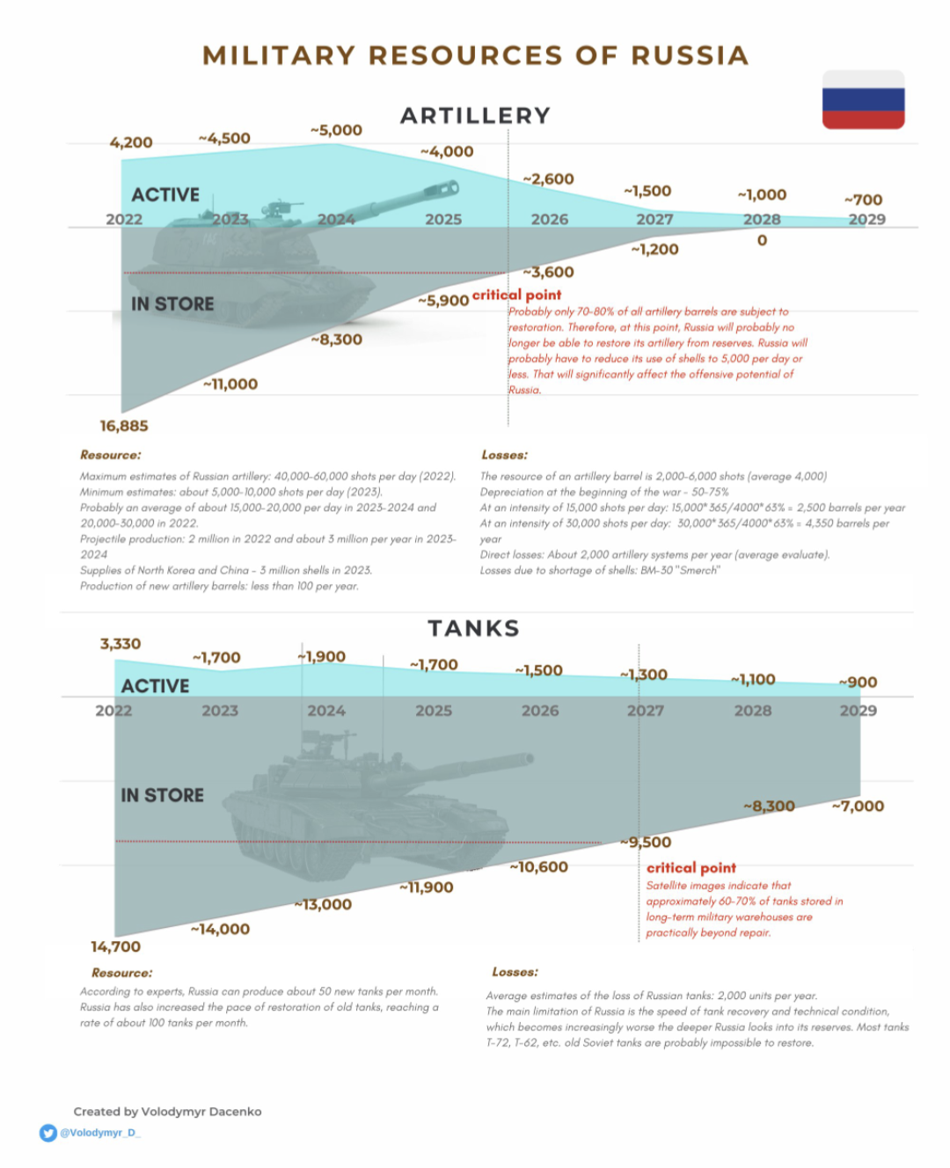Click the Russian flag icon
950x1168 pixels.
863,99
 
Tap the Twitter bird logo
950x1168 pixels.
48,1133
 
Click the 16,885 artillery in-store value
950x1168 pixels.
124,426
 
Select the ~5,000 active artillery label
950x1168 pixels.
336,130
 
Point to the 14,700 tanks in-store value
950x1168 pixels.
115,946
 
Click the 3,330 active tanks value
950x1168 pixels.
121,644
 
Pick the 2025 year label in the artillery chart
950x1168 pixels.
443,219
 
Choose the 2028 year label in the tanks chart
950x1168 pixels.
753,710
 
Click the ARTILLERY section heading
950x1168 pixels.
475,115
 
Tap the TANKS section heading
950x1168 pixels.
474,628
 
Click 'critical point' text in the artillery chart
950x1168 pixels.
516,295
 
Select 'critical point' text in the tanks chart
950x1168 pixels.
691,867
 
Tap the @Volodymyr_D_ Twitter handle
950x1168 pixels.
99,1133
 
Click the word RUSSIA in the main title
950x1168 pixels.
690,55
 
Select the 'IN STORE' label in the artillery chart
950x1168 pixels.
172,303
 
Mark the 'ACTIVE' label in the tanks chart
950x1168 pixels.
155,685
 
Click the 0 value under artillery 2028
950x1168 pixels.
762,240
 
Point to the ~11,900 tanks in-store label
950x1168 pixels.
427,887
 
